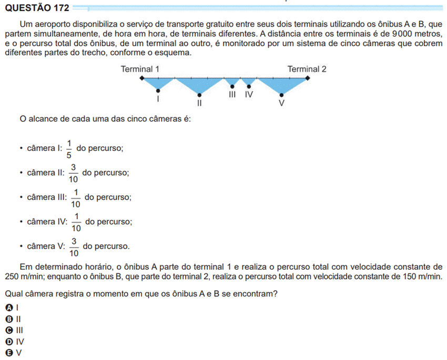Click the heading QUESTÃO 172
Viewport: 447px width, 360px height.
click(x=36, y=8)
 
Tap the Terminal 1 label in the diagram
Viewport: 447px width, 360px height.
click(x=140, y=69)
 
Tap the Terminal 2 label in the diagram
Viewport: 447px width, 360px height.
click(x=307, y=69)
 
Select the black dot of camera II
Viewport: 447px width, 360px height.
click(x=199, y=95)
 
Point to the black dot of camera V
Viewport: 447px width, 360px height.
click(x=281, y=95)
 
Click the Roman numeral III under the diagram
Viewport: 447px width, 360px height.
click(x=232, y=95)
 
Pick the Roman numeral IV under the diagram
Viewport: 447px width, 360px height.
click(x=249, y=95)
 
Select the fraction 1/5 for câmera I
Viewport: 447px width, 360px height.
click(x=69, y=149)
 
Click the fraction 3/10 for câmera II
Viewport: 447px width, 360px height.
click(x=74, y=172)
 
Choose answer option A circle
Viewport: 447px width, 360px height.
click(x=8, y=307)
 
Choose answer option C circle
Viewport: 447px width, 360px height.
click(x=8, y=330)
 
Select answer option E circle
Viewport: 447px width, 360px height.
click(x=8, y=353)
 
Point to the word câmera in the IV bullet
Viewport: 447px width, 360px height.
click(x=40, y=222)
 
